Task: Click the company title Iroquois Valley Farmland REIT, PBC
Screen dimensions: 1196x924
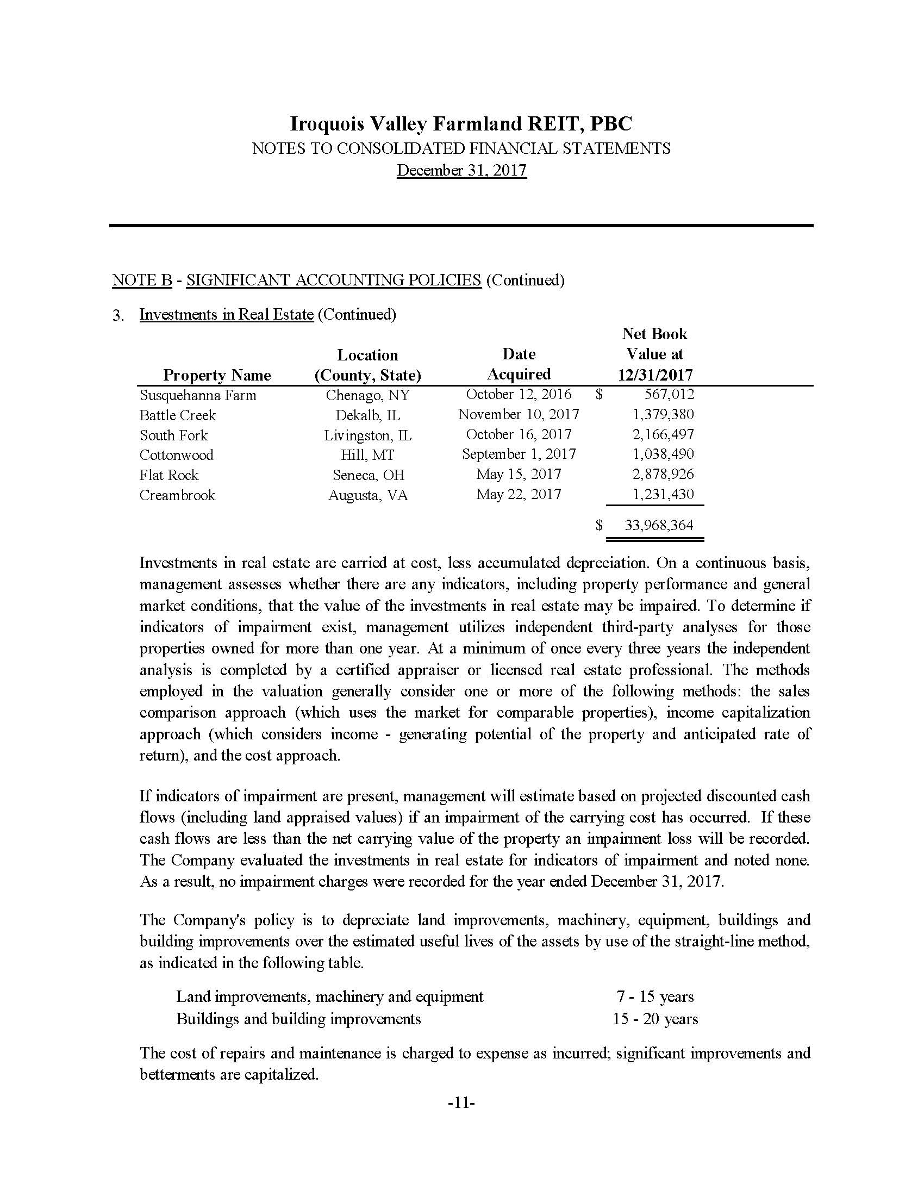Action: [461, 124]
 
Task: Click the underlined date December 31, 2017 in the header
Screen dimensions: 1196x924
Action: [461, 170]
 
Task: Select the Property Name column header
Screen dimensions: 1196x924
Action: [217, 375]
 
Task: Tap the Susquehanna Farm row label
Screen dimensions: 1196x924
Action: [198, 395]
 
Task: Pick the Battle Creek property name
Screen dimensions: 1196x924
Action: [177, 415]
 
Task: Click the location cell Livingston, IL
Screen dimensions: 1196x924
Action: [368, 435]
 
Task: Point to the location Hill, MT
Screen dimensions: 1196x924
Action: [367, 455]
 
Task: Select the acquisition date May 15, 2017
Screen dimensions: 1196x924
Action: [519, 474]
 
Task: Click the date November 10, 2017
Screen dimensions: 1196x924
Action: [519, 415]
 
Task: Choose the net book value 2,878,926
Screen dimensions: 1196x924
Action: [663, 474]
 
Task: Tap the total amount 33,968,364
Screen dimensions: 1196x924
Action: [659, 525]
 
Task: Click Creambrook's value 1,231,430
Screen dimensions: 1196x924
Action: [663, 495]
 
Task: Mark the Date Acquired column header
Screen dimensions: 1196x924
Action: [519, 364]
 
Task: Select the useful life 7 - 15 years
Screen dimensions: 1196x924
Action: [655, 996]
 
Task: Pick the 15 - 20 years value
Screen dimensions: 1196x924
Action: [655, 1019]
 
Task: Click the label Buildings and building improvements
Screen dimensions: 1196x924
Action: [298, 1019]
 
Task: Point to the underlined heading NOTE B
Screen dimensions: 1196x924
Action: [142, 280]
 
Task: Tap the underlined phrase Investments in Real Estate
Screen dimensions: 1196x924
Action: [226, 314]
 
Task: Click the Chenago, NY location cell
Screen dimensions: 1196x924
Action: [367, 395]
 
